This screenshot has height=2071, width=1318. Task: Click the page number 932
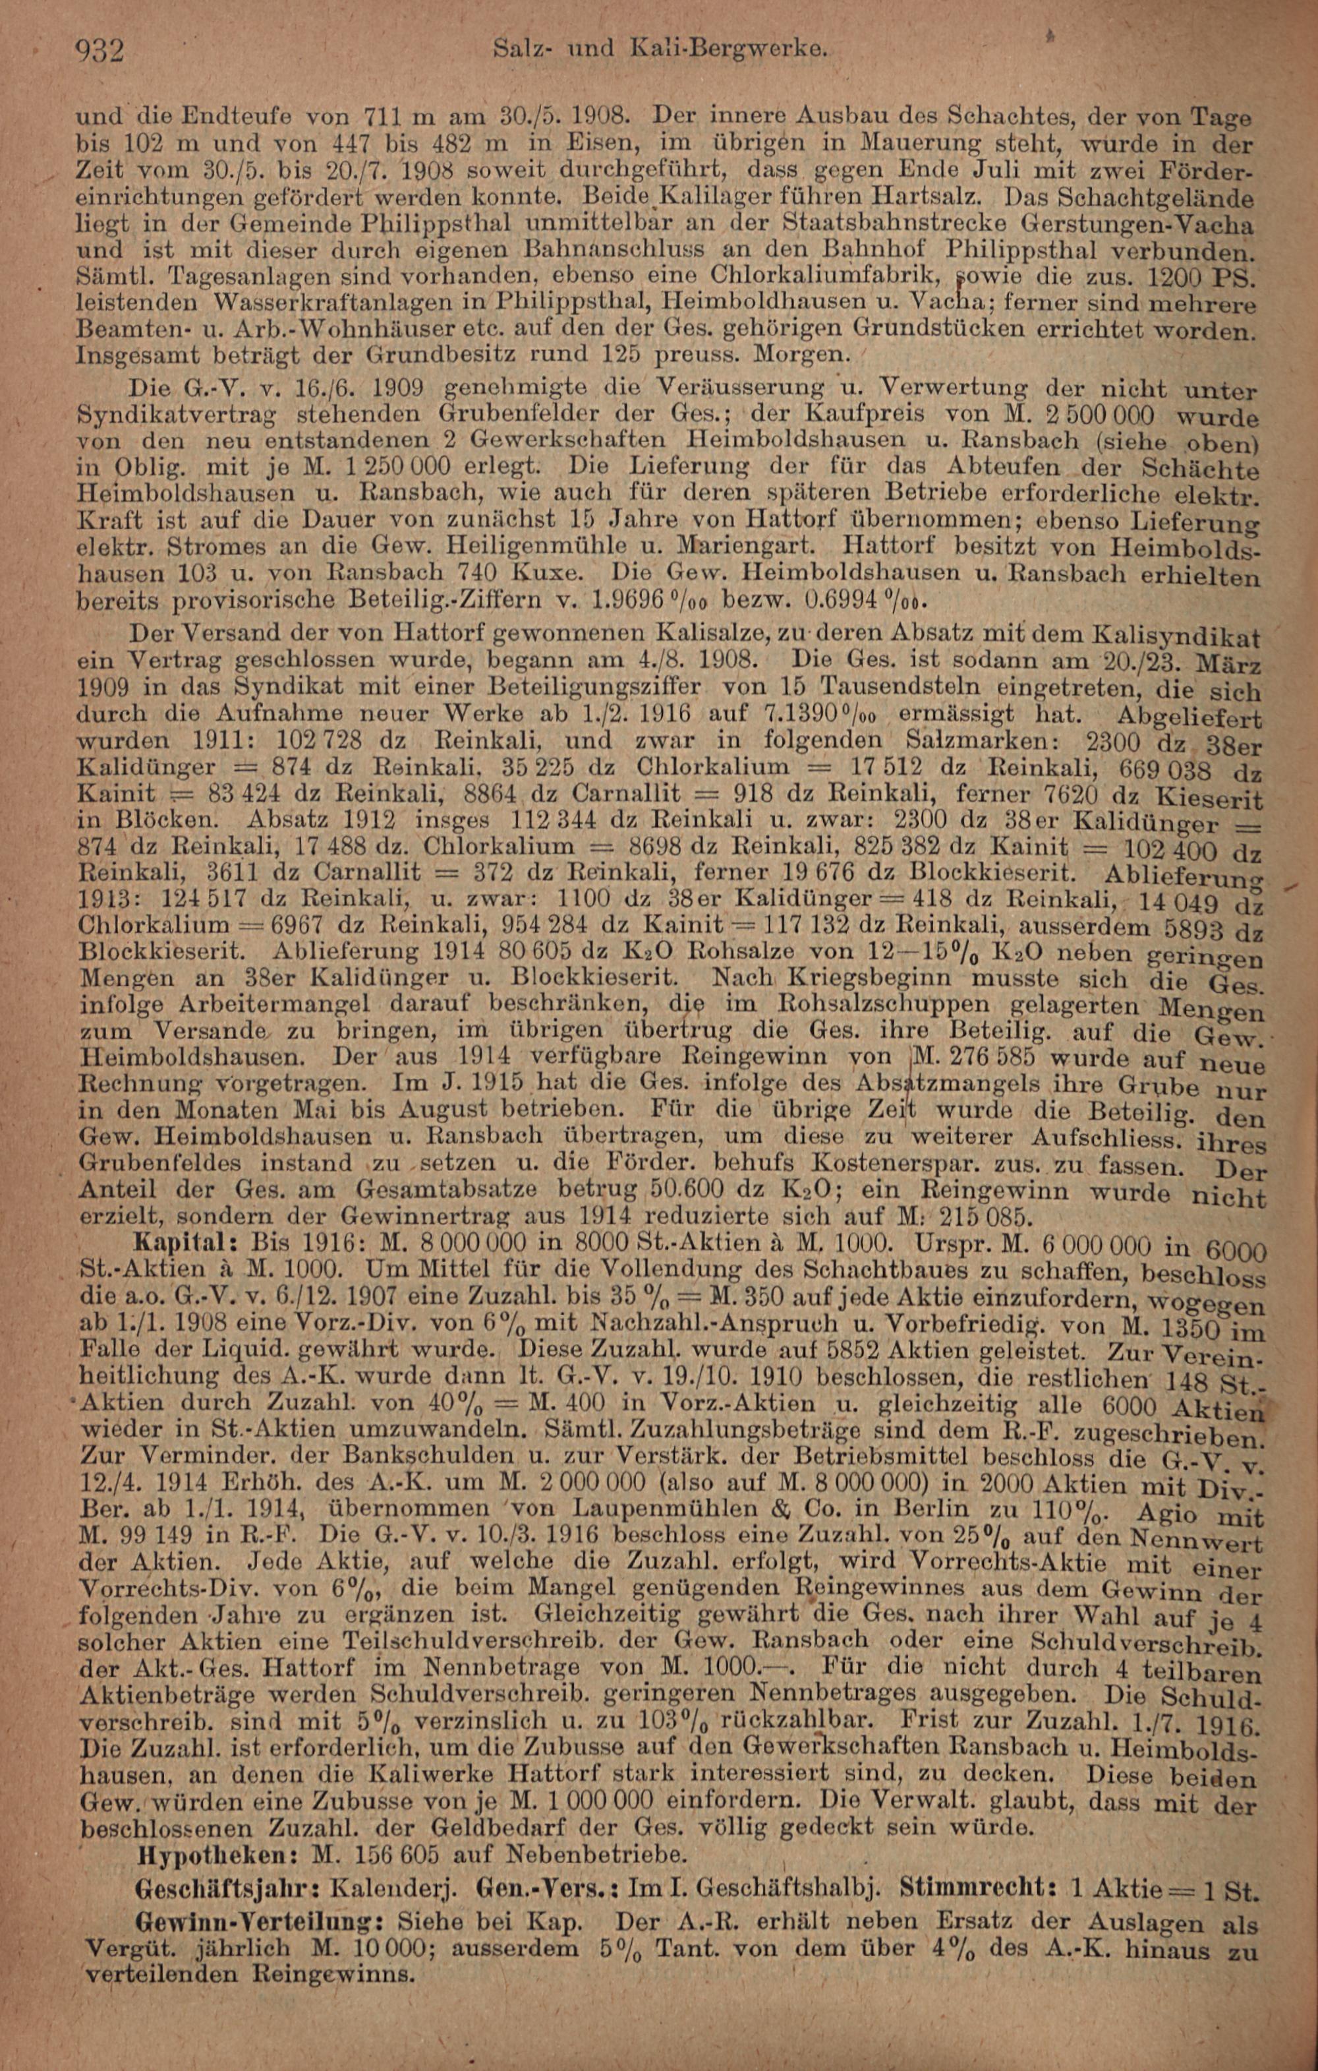[x=101, y=53]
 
